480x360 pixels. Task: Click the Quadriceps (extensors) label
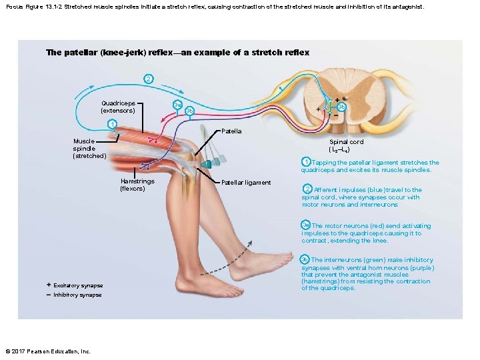coord(117,107)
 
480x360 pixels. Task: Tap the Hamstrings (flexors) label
coord(137,185)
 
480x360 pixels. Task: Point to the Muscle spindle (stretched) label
coord(89,148)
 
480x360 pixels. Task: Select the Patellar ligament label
coord(246,182)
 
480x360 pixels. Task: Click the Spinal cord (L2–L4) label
coord(346,145)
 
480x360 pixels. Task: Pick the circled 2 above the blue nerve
coord(148,79)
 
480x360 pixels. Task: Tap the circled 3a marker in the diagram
coord(177,105)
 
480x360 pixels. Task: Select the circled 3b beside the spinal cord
coord(341,107)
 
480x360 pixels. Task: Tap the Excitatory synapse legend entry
coord(77,285)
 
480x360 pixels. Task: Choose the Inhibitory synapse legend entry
coord(77,295)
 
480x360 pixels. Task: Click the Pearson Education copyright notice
coord(47,351)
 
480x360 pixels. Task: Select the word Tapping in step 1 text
coord(325,163)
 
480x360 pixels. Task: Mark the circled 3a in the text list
coord(305,225)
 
